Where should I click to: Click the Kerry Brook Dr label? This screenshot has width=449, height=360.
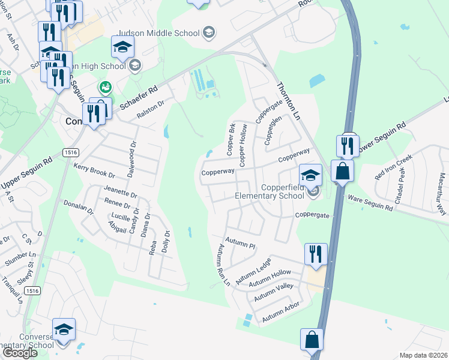[x=94, y=170]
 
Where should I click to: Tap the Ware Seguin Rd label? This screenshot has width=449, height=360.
[x=370, y=203]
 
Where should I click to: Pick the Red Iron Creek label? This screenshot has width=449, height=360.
[x=394, y=167]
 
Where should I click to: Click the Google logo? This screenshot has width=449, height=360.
[x=20, y=353]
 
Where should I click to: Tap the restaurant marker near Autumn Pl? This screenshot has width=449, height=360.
[x=316, y=254]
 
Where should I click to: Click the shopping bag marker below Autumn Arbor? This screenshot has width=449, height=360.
[x=312, y=340]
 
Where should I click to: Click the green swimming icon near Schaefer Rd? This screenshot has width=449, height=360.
[x=105, y=88]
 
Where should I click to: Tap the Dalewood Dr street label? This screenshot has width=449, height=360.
[x=133, y=154]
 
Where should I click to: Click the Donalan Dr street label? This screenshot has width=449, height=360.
[x=79, y=207]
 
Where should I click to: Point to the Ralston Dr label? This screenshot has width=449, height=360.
[x=150, y=110]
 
